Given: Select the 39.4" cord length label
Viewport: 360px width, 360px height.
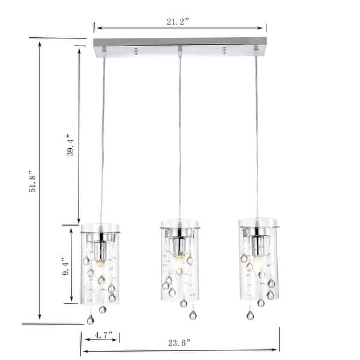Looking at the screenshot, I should pos(71,145).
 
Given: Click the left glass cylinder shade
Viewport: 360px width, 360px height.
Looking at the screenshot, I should pos(100,264).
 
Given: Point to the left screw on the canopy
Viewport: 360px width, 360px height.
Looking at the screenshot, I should pos(136,50).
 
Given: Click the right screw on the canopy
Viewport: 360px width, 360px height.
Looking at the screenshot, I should pos(224,50).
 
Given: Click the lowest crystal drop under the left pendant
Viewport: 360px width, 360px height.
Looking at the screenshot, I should pos(90,320).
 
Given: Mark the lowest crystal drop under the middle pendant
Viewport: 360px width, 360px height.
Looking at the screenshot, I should pos(193,315).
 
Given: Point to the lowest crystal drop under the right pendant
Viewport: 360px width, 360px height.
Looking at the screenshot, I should pos(250,314).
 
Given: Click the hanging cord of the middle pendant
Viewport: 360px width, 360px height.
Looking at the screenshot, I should pos(179,138).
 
